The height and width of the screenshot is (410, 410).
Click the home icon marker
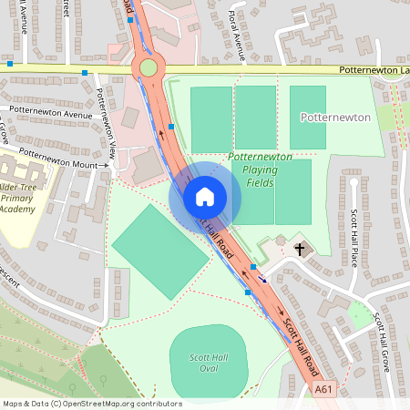tap(205, 196)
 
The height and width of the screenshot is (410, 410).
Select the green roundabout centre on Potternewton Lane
tap(149, 67)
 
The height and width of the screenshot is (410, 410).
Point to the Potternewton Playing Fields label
tap(260, 169)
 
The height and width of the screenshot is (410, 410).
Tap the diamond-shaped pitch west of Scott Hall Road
tap(160, 251)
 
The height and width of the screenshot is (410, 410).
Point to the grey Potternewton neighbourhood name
tap(334, 118)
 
